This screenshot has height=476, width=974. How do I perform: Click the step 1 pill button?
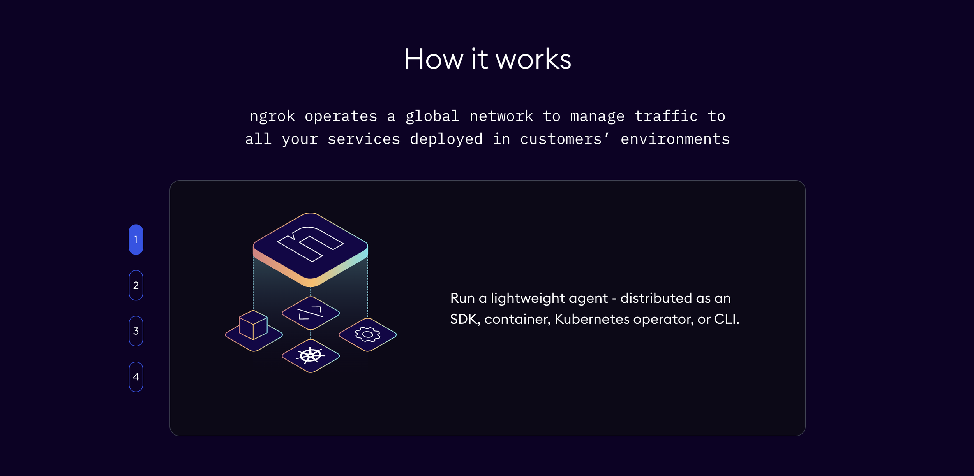[136, 240]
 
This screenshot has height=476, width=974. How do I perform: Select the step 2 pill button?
[136, 285]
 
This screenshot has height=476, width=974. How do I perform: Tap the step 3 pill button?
[136, 331]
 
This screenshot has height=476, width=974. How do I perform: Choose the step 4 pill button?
[136, 377]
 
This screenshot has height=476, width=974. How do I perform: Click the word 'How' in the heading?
[433, 59]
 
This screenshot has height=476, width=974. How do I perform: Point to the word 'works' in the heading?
[533, 59]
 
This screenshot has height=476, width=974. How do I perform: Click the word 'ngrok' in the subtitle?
[272, 116]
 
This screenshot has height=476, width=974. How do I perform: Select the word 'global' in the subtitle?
[432, 116]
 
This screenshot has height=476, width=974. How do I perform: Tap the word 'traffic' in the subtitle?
[666, 116]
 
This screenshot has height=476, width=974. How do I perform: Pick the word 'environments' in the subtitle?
[675, 139]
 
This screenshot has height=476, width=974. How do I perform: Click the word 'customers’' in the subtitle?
[565, 139]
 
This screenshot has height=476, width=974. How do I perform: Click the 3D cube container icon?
[253, 325]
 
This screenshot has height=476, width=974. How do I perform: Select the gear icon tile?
[368, 335]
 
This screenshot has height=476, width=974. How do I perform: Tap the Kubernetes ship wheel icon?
[311, 355]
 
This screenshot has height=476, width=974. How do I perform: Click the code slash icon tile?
[311, 313]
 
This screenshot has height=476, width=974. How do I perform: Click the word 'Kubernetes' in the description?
[592, 319]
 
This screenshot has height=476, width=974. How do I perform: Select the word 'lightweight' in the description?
[549, 298]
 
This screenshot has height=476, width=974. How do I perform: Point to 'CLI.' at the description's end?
[727, 319]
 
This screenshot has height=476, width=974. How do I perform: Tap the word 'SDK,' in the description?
[465, 319]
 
